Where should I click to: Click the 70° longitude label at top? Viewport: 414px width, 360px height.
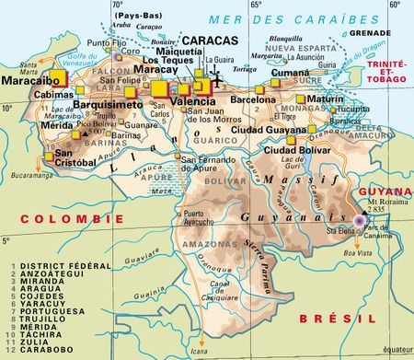tap(117, 6)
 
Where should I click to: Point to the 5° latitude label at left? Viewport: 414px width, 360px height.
tap(6, 241)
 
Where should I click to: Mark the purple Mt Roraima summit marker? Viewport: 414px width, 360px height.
tap(358, 220)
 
